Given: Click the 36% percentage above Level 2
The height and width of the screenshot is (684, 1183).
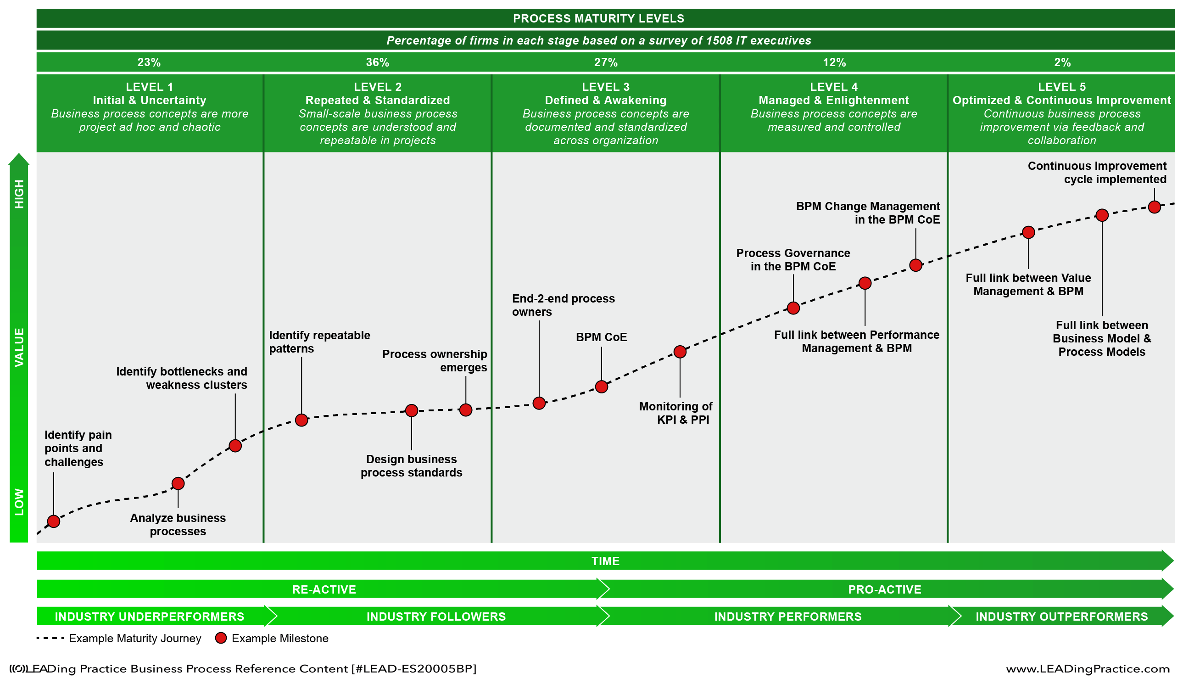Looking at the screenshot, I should tap(378, 62).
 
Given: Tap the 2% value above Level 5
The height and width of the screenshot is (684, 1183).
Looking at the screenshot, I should tap(1062, 62).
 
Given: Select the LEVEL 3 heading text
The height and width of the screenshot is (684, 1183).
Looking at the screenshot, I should tap(606, 87).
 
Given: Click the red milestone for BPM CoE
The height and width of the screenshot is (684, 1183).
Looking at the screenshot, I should tap(601, 387).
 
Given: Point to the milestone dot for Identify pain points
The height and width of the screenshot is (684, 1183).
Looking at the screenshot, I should tap(54, 521).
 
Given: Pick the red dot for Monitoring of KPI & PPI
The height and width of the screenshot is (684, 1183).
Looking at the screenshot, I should tap(680, 352).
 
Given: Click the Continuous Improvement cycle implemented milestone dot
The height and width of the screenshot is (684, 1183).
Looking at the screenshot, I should tap(1155, 207).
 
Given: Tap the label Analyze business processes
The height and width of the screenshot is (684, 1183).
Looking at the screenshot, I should tap(178, 524).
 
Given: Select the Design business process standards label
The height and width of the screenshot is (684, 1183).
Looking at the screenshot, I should tap(411, 465).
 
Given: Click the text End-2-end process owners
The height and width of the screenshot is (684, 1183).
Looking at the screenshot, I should tap(563, 305).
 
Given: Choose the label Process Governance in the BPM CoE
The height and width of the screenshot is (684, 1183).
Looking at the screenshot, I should tap(793, 260).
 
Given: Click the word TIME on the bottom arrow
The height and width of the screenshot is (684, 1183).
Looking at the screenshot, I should tap(605, 561).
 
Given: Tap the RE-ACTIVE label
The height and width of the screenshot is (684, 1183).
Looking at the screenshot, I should tap(324, 589).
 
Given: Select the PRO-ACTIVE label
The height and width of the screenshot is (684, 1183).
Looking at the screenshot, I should tap(884, 589).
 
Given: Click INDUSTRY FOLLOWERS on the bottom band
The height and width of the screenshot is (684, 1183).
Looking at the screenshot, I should tap(436, 617).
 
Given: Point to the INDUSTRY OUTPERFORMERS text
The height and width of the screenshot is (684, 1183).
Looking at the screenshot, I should tap(1061, 617).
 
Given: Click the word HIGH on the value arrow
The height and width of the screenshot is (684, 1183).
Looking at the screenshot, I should tap(19, 194).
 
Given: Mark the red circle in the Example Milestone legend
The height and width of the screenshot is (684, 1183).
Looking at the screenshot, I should tap(221, 638).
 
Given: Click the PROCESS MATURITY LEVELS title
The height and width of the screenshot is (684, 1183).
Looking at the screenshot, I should tap(598, 18).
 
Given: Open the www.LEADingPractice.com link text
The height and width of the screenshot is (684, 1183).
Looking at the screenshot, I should tap(1087, 669).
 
